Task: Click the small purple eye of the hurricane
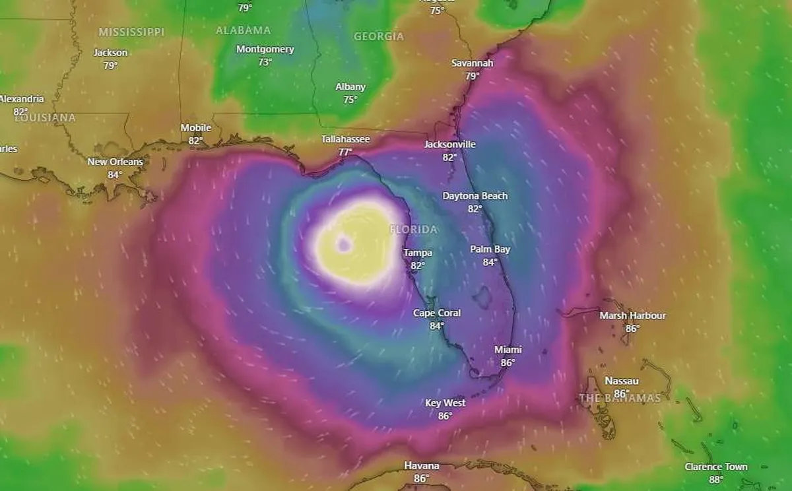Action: pyautogui.click(x=343, y=245)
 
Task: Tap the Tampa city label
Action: pyautogui.click(x=418, y=253)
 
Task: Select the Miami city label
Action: pyautogui.click(x=508, y=350)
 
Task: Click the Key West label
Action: pyautogui.click(x=445, y=403)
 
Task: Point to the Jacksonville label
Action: pyautogui.click(x=450, y=145)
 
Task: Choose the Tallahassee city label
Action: pyautogui.click(x=345, y=139)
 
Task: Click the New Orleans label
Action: pyautogui.click(x=115, y=162)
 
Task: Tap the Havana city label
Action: pyautogui.click(x=421, y=466)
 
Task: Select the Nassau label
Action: pyautogui.click(x=622, y=381)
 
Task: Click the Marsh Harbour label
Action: pyautogui.click(x=632, y=315)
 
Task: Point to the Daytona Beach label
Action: pyautogui.click(x=475, y=196)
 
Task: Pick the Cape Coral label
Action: pyautogui.click(x=437, y=313)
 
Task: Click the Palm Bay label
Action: pyautogui.click(x=490, y=249)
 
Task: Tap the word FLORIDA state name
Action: pyautogui.click(x=414, y=230)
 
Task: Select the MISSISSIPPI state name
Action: pyautogui.click(x=131, y=32)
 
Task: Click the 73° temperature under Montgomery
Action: pyautogui.click(x=265, y=62)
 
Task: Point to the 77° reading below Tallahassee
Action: pyautogui.click(x=345, y=152)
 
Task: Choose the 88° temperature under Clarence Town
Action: pyautogui.click(x=716, y=480)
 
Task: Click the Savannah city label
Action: pyautogui.click(x=472, y=63)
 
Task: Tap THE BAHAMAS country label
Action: pyautogui.click(x=620, y=399)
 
